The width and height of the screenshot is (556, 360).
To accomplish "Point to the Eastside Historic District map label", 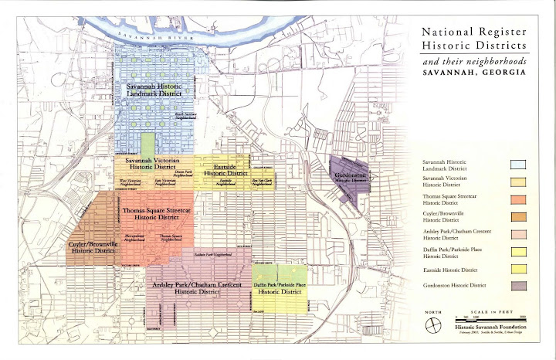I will click(224, 170).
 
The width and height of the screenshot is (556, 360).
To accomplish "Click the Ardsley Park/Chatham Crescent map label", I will click(196, 288).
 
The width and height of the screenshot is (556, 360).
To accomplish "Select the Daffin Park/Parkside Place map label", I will click(280, 289).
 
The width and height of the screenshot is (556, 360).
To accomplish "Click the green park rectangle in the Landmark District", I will click(147, 144).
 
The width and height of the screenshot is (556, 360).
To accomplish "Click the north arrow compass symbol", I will click(430, 324).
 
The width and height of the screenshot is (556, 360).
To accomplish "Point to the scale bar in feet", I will click(490, 318).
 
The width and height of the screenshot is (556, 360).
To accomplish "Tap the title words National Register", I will click(471, 33).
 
